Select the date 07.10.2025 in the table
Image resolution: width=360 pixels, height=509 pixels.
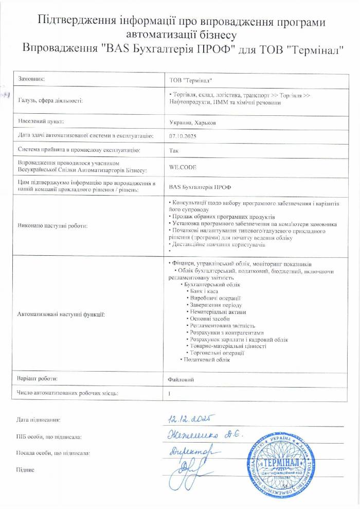pos(183,136)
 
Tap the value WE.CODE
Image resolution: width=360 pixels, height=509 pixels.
pos(183,167)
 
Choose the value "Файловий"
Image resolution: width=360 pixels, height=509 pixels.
pos(181,379)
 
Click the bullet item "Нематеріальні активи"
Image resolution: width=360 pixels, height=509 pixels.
pos(218,312)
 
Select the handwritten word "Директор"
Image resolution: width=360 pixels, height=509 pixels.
pos(191,450)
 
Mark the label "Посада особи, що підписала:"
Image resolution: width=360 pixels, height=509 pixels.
pos(54,453)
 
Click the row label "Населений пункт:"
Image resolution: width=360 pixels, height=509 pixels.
pos(40,122)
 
